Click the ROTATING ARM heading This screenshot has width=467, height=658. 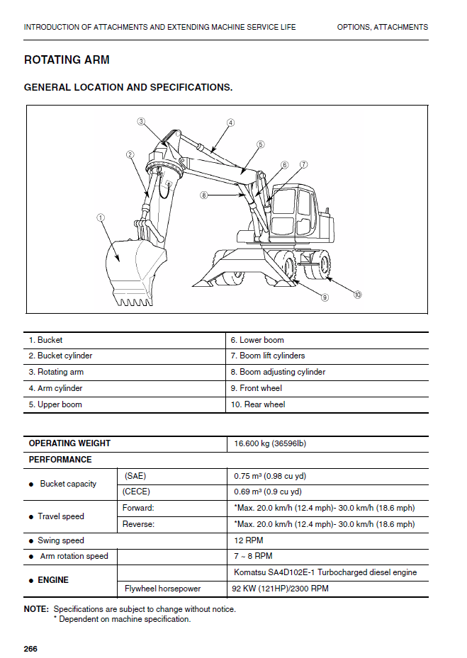pos(67,60)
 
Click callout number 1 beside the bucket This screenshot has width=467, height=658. pos(101,217)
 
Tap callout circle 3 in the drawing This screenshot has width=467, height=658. pos(141,121)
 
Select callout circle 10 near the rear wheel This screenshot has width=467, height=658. pos(357,294)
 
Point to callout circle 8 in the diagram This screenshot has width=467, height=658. pos(203,195)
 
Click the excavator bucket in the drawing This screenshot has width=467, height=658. pos(131,273)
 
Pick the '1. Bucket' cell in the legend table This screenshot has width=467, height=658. pos(45,340)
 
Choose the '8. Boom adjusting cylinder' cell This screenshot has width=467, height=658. pos(282,372)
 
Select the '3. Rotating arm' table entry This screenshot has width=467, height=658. pos(56,372)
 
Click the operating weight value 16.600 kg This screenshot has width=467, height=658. pos(270,444)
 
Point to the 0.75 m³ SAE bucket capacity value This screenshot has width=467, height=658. pos(270,476)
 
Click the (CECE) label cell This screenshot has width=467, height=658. pos(136,492)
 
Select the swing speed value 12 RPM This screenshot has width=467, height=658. pos(248,540)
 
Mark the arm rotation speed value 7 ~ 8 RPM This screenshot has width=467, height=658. pos(253,556)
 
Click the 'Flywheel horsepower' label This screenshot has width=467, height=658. pos(162,589)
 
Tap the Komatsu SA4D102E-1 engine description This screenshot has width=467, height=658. pos(325,572)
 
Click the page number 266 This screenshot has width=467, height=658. pos(30,649)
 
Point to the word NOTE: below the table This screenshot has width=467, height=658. pos(36,609)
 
